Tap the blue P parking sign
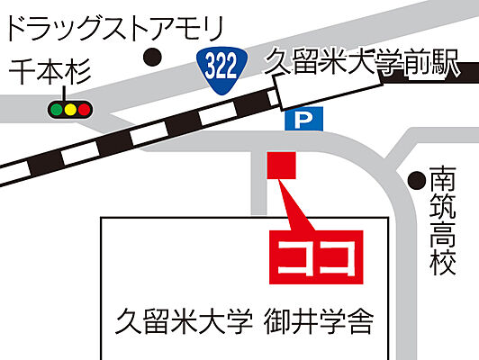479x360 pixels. [x=294, y=119]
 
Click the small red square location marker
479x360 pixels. [x=281, y=166]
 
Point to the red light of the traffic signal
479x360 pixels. [x=85, y=110]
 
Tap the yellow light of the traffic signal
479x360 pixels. [x=69, y=110]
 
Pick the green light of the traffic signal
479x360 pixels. [x=55, y=110]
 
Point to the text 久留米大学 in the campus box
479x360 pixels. [x=181, y=320]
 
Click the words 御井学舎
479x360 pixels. [x=318, y=320]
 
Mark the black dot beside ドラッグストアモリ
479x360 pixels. [x=154, y=58]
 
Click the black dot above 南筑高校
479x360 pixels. [x=417, y=180]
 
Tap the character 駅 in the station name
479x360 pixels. [x=444, y=64]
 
